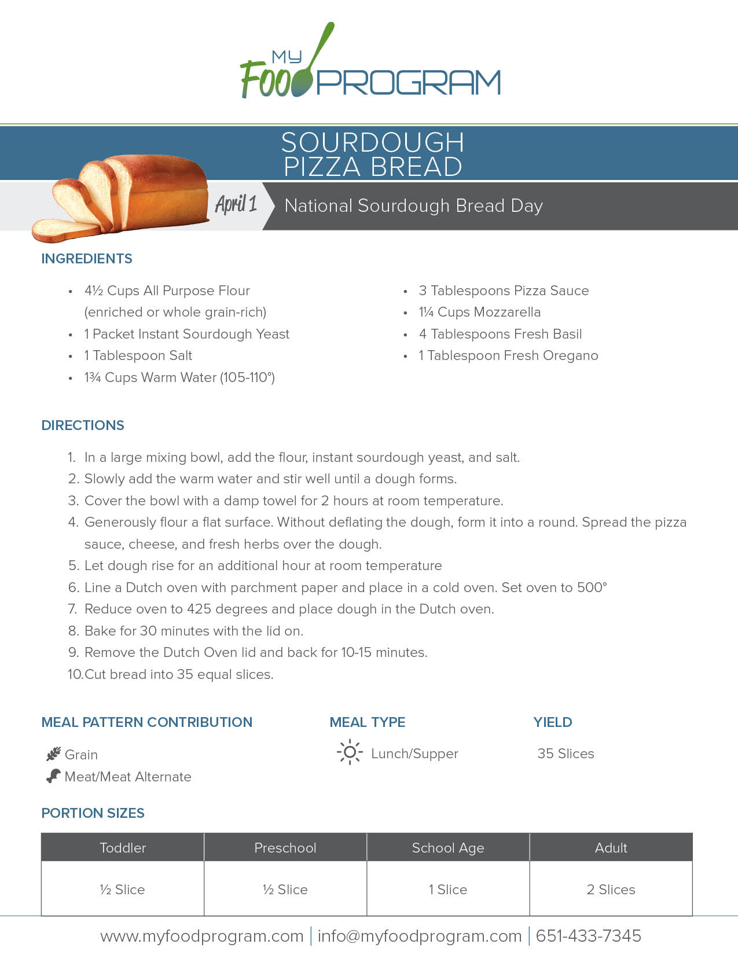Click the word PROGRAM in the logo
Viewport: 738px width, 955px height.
point(409,83)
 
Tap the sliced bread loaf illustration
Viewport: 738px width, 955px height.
point(124,197)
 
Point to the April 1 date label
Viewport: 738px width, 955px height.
point(236,204)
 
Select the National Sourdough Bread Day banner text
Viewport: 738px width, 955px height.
point(413,206)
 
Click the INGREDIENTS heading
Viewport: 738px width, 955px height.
point(87,259)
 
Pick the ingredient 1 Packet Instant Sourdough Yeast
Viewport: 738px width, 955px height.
point(186,334)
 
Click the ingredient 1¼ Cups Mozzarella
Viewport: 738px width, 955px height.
point(479,312)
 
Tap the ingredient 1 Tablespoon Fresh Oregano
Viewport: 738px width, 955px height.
point(508,355)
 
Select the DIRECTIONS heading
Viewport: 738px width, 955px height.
point(83,425)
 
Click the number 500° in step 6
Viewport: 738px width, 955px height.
point(592,587)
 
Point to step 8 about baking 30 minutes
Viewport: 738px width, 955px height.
point(193,631)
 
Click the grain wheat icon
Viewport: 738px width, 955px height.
point(53,754)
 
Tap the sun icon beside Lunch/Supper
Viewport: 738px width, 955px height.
point(350,752)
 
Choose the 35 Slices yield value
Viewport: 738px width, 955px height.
point(566,754)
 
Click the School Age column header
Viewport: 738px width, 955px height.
point(448,848)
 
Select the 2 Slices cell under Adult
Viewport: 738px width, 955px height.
point(611,890)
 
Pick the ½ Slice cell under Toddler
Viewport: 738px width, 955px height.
point(122,890)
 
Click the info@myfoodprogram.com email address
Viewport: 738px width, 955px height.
point(420,936)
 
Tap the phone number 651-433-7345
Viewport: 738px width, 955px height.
point(588,936)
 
